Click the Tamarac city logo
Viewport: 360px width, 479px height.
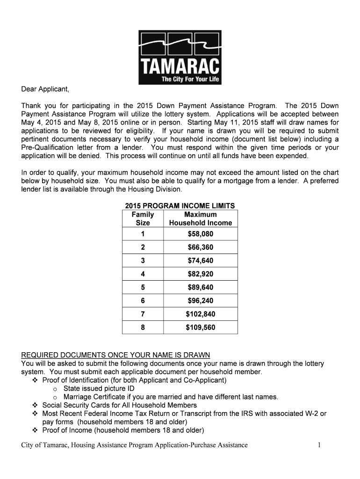[180, 57]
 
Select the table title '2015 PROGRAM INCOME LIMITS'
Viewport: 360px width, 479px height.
[180, 206]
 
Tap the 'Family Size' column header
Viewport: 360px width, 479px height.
[143, 218]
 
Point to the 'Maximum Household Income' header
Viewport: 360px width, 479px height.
[201, 218]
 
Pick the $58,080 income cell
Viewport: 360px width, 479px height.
[201, 234]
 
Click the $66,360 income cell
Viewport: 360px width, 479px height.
[201, 247]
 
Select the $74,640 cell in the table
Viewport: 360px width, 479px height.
[201, 261]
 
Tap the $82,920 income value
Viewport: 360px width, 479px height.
[201, 274]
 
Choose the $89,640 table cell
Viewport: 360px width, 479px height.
[201, 287]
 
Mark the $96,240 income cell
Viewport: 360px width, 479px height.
[201, 301]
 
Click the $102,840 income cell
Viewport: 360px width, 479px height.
[201, 314]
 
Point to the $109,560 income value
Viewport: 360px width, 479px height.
[201, 327]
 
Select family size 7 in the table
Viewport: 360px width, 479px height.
[143, 314]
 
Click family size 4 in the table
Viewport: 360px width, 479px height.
[143, 274]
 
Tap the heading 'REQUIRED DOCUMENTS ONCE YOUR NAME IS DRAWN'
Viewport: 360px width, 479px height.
[115, 355]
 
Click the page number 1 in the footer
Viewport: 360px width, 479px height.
[319, 445]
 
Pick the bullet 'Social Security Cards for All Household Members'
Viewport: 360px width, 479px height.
[119, 405]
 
